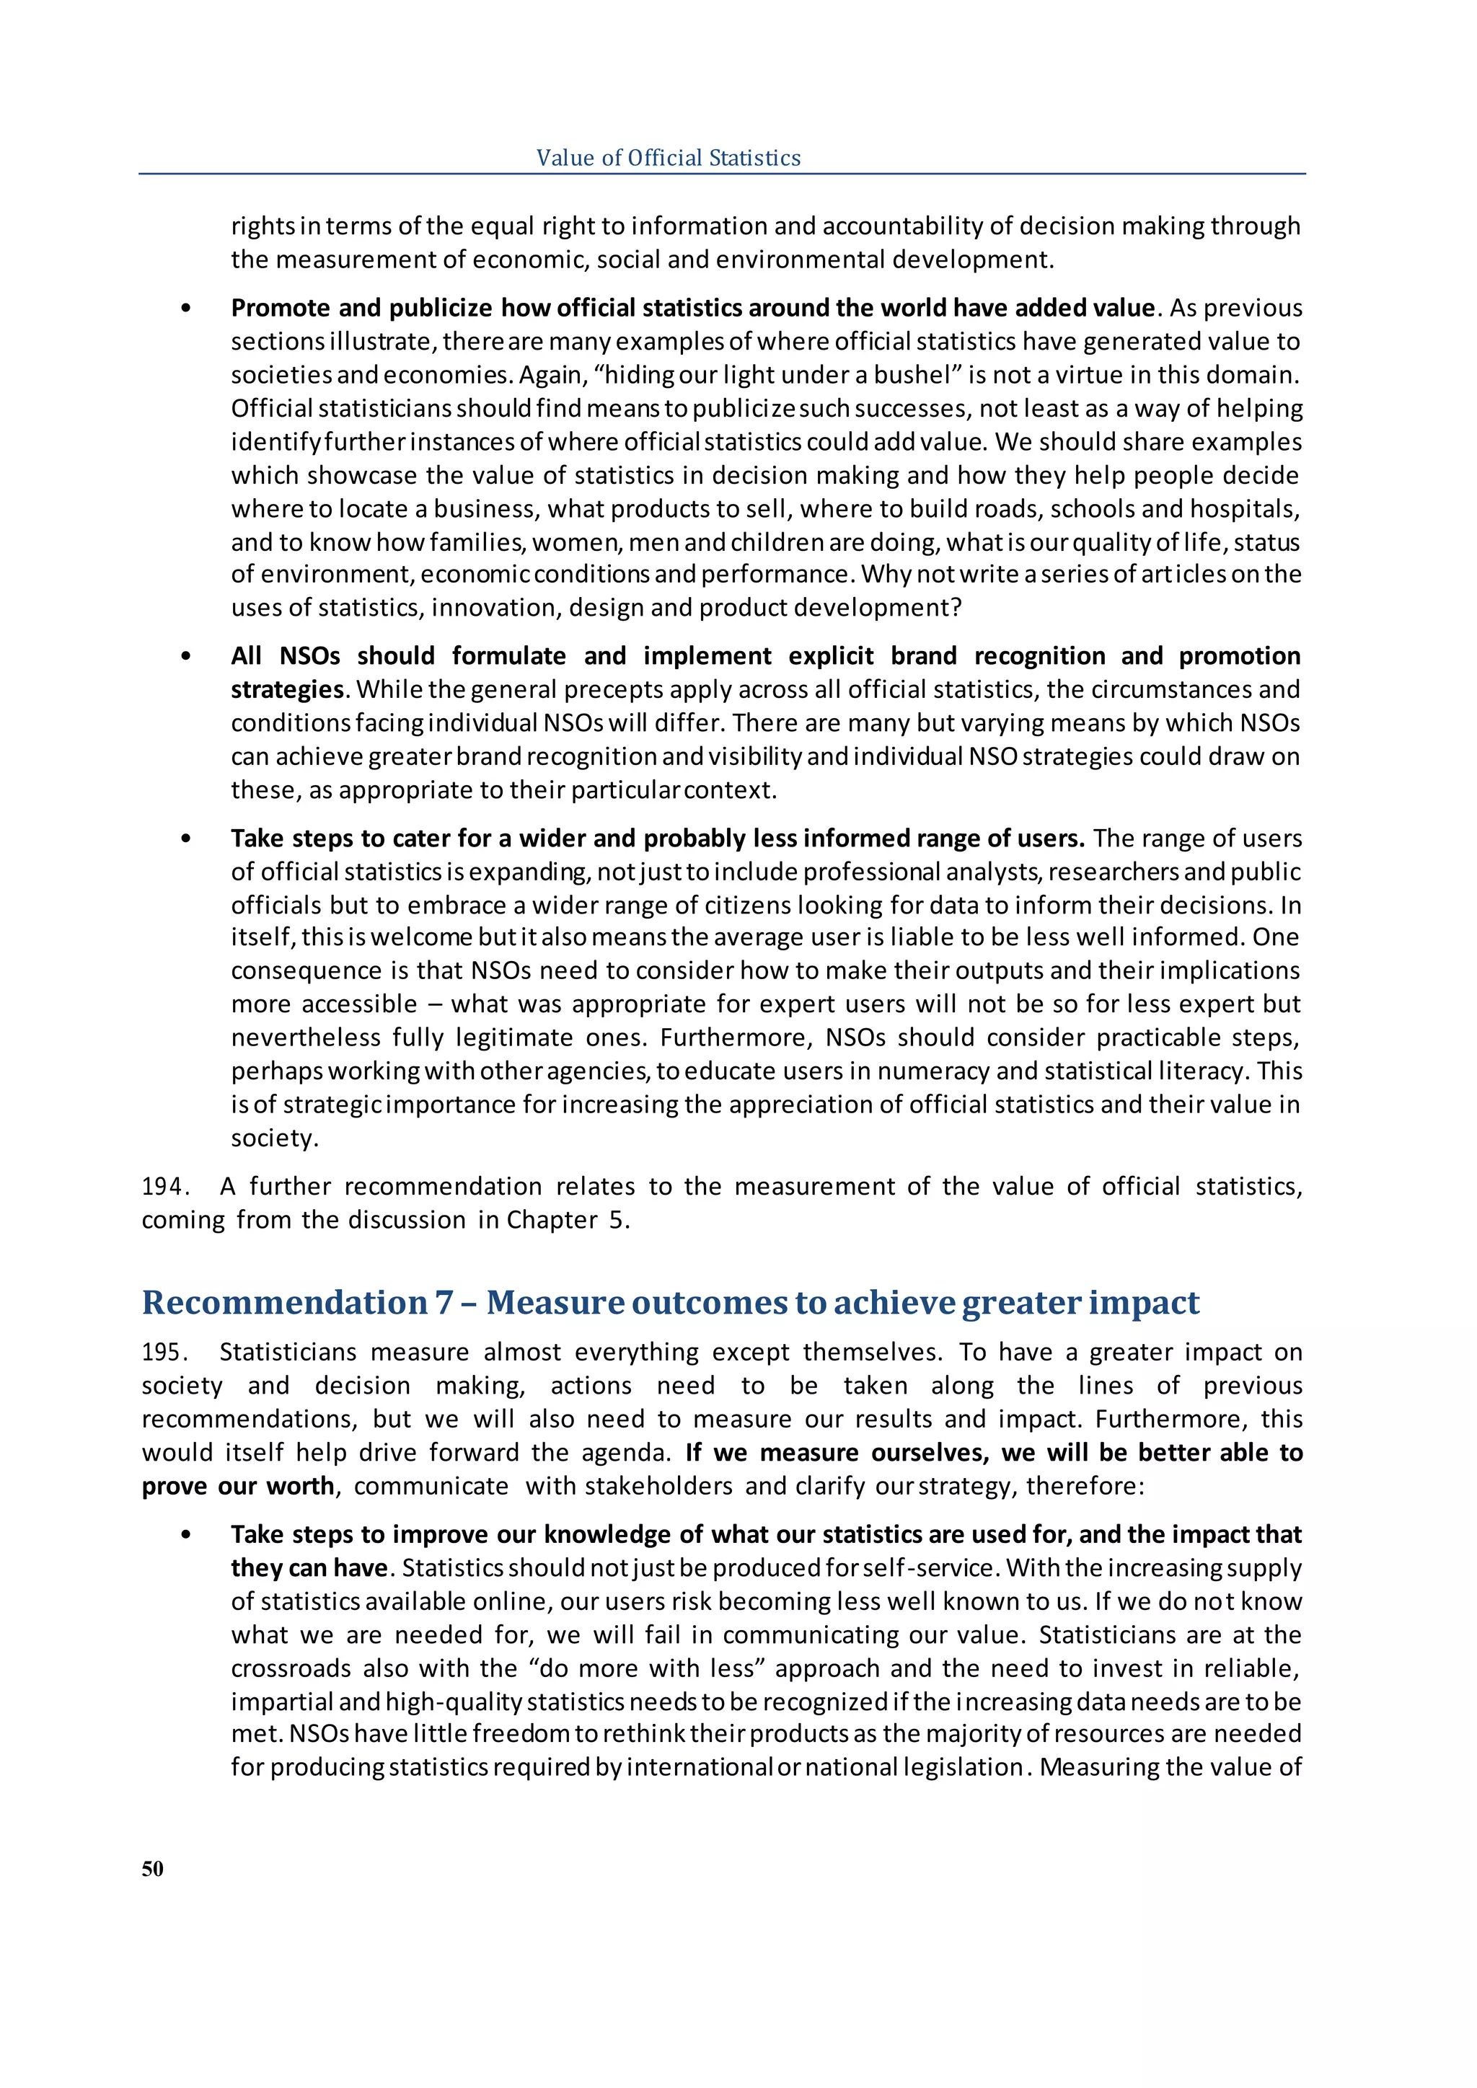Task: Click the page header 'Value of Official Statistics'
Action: pyautogui.click(x=668, y=157)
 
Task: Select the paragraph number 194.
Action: pyautogui.click(x=164, y=1186)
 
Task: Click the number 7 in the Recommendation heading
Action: pyautogui.click(x=443, y=1302)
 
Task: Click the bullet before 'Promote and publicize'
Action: pyautogui.click(x=187, y=309)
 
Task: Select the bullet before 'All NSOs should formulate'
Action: pyautogui.click(x=187, y=657)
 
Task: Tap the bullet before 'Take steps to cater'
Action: pyautogui.click(x=187, y=839)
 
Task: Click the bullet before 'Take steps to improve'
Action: pyautogui.click(x=187, y=1535)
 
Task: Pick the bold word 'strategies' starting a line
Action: pyautogui.click(x=286, y=689)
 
